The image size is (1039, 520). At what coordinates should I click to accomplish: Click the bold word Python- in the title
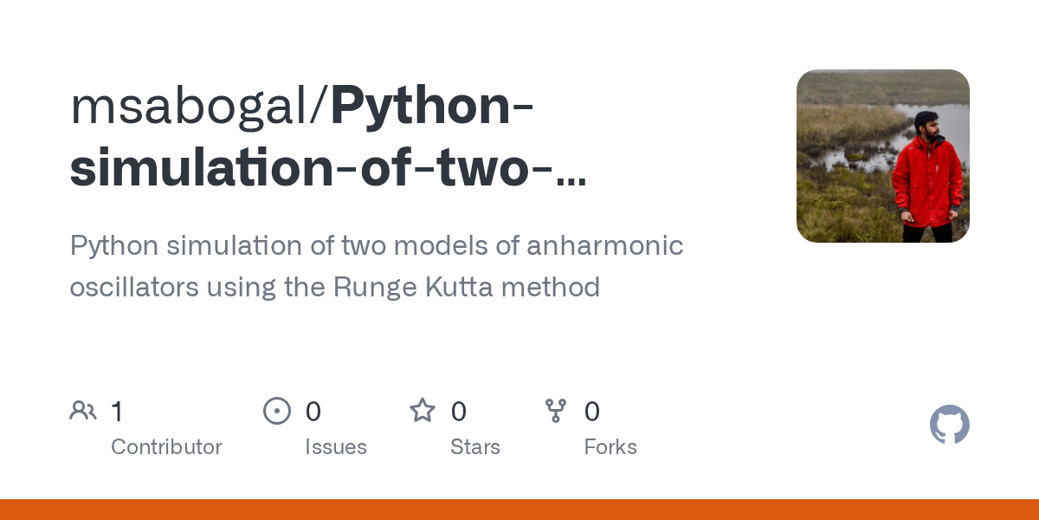click(x=431, y=106)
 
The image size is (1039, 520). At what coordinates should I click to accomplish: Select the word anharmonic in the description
click(x=605, y=246)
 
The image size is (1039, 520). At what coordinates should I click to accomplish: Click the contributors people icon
click(x=83, y=411)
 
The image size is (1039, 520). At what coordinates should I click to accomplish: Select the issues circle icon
click(x=277, y=411)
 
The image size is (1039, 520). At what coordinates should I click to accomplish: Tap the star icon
click(x=423, y=411)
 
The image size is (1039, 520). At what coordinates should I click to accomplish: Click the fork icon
click(x=556, y=411)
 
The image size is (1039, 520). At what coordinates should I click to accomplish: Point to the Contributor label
click(x=166, y=447)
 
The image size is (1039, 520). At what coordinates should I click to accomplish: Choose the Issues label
click(x=336, y=447)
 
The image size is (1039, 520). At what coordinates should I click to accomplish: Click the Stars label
click(x=475, y=447)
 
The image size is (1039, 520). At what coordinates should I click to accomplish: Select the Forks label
click(x=610, y=447)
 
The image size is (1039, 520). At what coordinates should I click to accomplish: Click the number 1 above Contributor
click(x=117, y=412)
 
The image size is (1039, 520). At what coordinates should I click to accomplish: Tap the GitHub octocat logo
click(x=949, y=425)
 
